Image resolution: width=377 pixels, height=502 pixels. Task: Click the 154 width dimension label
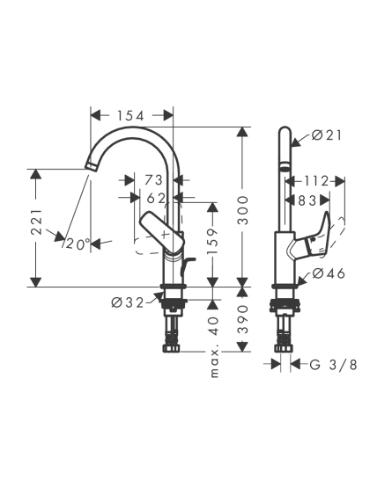130,116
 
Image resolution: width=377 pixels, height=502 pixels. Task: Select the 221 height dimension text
37,222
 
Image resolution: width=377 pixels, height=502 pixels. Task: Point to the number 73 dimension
153,180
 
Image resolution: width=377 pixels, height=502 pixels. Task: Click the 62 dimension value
156,199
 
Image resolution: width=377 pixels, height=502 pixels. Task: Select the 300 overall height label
243,210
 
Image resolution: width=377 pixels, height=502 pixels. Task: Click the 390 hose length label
243,319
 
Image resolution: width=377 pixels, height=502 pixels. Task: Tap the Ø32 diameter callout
128,302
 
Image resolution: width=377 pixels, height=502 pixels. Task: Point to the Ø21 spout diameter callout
327,135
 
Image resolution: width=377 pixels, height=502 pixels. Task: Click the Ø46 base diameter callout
329,273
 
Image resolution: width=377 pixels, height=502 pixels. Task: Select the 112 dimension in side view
316,181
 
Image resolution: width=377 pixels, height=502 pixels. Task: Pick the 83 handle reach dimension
307,200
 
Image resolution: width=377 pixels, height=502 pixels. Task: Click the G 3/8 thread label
333,364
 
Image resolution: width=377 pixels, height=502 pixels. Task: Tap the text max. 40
214,347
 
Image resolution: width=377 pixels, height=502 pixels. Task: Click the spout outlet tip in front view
92,167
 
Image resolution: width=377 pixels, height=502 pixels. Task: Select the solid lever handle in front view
163,232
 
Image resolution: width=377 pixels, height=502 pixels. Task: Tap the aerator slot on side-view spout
285,165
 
